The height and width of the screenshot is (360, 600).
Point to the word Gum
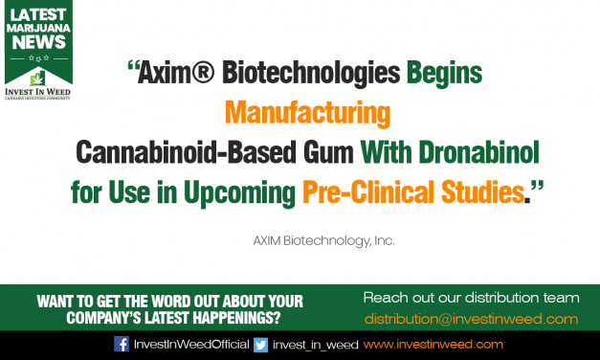coord(326,154)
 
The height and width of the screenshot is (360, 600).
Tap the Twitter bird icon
coord(260,344)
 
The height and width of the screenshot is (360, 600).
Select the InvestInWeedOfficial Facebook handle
coord(189,344)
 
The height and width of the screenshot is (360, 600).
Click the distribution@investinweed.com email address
coord(471,318)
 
